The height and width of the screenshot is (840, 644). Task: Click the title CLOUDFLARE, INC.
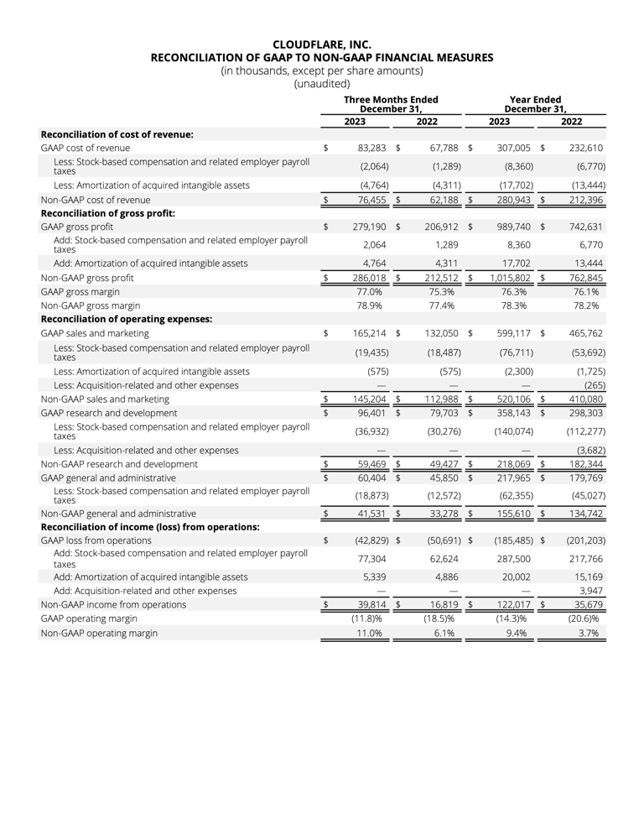point(322,44)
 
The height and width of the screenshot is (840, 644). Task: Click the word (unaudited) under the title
point(322,83)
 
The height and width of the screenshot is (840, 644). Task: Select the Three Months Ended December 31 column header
point(391,104)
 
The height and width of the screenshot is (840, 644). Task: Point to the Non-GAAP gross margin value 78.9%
point(370,305)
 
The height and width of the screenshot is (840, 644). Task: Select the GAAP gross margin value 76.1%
point(585,291)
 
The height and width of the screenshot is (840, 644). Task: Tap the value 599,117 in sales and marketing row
point(514,333)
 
